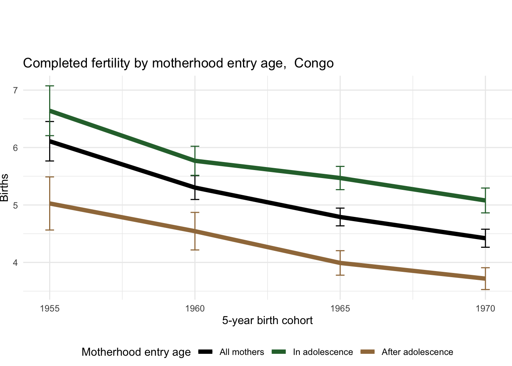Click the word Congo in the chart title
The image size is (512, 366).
(x=314, y=63)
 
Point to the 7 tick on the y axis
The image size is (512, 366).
(x=15, y=90)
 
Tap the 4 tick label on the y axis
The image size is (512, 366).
(x=15, y=263)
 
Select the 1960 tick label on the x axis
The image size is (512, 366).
(x=195, y=308)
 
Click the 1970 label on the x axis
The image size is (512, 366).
(x=485, y=308)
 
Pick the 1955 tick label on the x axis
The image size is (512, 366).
(x=50, y=308)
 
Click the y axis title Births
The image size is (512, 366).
(x=5, y=188)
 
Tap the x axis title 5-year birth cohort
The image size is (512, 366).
(x=267, y=321)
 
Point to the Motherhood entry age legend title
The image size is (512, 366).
(x=136, y=352)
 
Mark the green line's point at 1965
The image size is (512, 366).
(x=340, y=178)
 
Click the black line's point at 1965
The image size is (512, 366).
(x=340, y=217)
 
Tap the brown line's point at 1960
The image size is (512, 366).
(x=195, y=231)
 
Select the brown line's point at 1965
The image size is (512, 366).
(x=340, y=263)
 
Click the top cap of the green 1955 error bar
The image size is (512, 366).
(x=50, y=86)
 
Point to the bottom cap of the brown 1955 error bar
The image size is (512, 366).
(x=50, y=230)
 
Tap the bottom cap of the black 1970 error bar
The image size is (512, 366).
(x=485, y=247)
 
